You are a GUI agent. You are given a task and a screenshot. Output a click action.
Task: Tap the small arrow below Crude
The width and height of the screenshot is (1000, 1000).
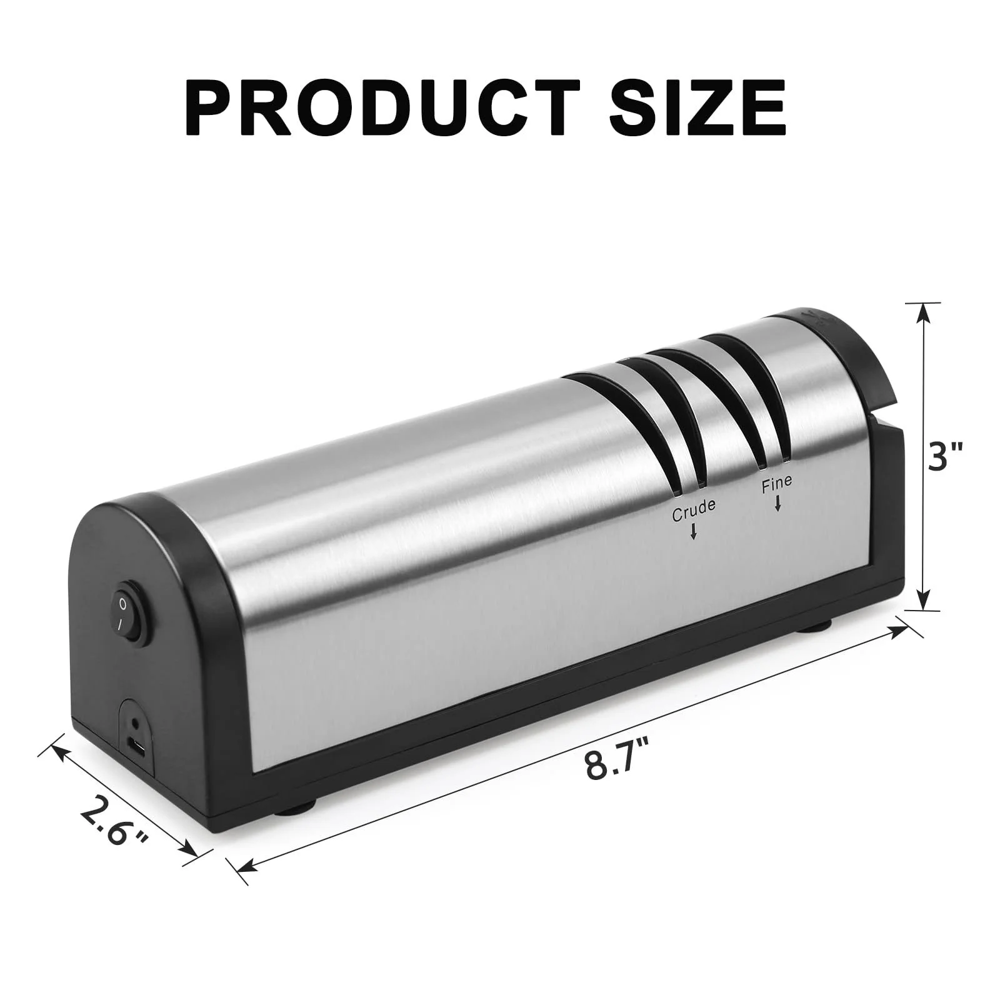tap(694, 531)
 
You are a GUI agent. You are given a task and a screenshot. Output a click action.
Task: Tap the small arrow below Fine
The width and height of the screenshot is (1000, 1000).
tap(778, 504)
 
